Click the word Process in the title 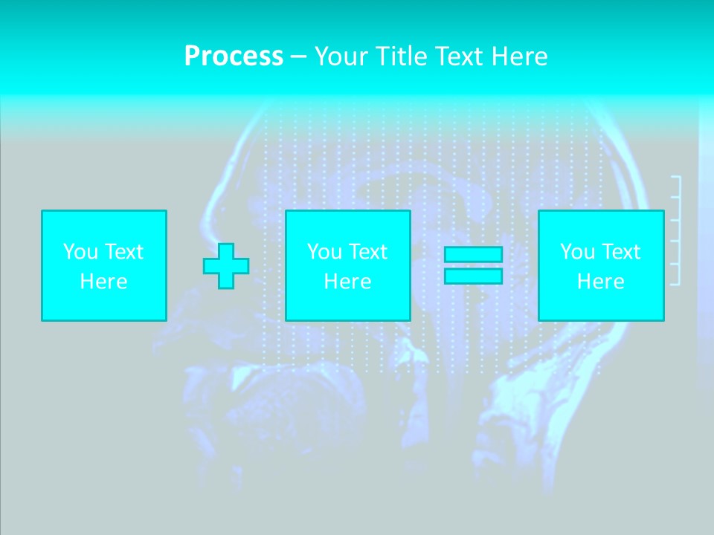(x=234, y=56)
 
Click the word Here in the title (x=520, y=56)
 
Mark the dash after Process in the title (x=298, y=57)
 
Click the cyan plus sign (x=226, y=265)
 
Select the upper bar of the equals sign (x=473, y=254)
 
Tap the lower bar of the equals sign (x=473, y=276)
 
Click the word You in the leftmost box (x=80, y=252)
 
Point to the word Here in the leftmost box (x=104, y=282)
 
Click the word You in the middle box (x=324, y=252)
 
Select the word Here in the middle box (x=348, y=282)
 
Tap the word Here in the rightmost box (x=601, y=282)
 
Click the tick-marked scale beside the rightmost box (x=676, y=230)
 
